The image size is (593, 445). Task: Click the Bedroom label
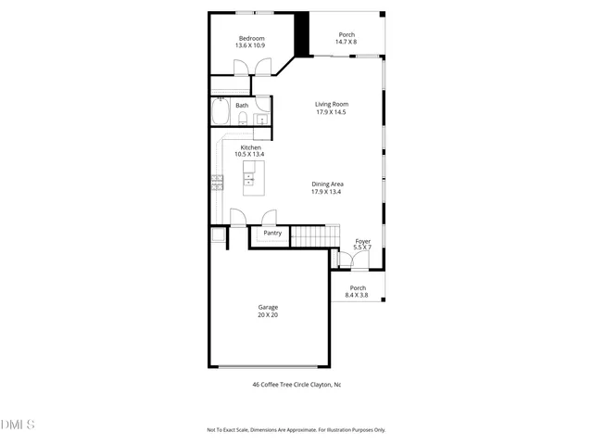click(x=251, y=38)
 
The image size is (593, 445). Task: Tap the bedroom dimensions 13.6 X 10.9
click(x=251, y=45)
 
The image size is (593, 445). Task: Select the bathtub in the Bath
click(x=221, y=113)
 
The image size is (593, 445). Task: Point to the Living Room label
click(x=331, y=104)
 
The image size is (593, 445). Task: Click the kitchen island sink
click(x=249, y=177)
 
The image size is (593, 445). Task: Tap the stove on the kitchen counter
click(x=217, y=182)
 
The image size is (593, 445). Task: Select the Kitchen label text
click(x=251, y=147)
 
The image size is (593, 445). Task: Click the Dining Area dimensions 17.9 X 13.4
click(x=327, y=192)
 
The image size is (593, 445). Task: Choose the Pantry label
click(x=272, y=233)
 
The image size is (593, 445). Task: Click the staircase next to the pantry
click(x=309, y=237)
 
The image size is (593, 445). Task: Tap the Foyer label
click(x=362, y=241)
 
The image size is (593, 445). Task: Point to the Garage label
click(x=268, y=307)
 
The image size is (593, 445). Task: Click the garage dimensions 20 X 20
click(x=268, y=315)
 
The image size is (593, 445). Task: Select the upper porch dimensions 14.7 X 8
click(x=347, y=43)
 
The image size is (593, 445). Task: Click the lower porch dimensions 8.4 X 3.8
click(x=358, y=295)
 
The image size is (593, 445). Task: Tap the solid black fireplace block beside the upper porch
click(x=300, y=35)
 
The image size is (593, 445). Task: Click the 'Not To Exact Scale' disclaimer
click(x=296, y=429)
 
